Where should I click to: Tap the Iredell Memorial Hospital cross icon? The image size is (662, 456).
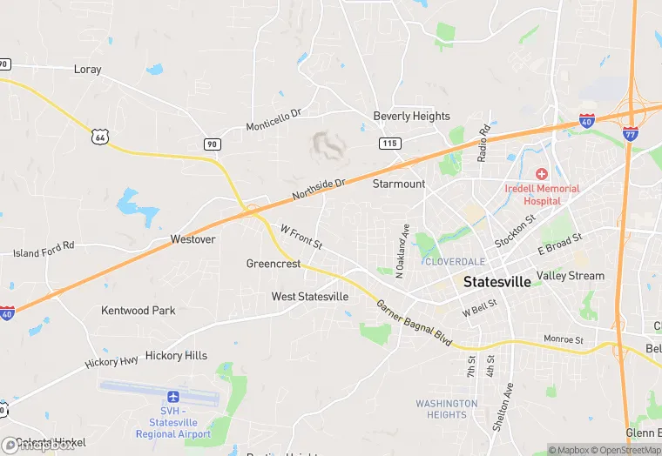tap(541, 174)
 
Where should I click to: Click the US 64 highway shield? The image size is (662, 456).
tap(98, 136)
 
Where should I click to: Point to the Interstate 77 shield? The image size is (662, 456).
tap(630, 133)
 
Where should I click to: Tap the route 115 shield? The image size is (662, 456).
tap(388, 142)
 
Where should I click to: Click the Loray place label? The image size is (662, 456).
tap(88, 69)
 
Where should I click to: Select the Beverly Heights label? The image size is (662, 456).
tap(411, 116)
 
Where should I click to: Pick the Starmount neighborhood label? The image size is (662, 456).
tap(399, 184)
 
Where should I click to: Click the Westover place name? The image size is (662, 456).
tap(193, 238)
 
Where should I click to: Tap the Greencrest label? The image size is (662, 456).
tap(274, 264)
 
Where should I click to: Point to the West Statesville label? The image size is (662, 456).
tap(310, 297)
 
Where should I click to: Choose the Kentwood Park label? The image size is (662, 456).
tap(138, 310)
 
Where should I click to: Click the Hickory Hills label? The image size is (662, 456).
tap(176, 355)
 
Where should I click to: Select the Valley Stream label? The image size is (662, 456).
tap(571, 276)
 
